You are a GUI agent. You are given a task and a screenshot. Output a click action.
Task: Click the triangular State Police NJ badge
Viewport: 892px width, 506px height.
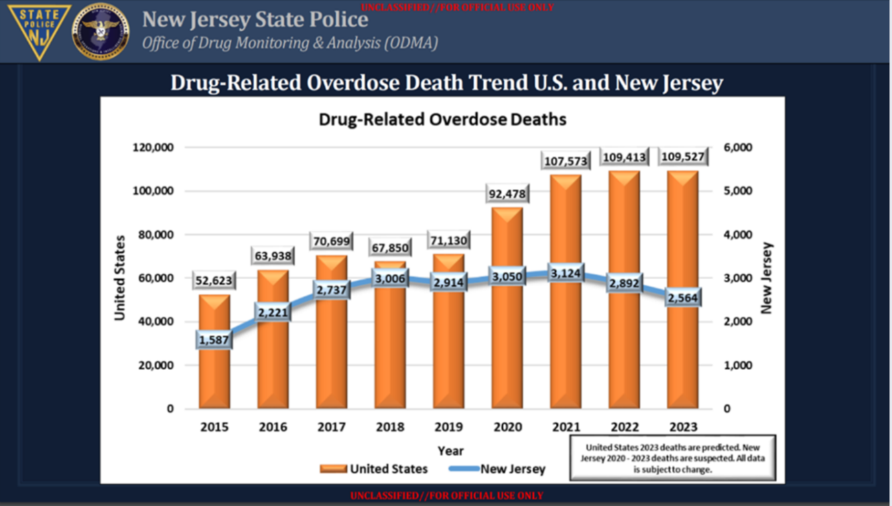[x=39, y=31]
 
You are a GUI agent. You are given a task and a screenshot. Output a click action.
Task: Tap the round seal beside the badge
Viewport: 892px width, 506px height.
[x=101, y=31]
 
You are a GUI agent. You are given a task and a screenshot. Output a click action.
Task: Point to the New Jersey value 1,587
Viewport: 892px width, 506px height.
[x=214, y=340]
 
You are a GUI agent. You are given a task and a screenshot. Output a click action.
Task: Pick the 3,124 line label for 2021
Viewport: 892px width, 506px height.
[x=565, y=273]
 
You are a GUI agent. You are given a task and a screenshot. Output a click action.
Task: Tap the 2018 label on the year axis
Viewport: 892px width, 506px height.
[x=390, y=427]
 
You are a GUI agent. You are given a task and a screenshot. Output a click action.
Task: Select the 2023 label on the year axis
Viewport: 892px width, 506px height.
[x=682, y=427]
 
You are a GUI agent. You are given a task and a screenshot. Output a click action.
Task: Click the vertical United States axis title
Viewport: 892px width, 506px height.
[x=120, y=278]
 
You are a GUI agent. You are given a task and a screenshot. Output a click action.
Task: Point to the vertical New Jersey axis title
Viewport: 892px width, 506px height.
[x=767, y=278]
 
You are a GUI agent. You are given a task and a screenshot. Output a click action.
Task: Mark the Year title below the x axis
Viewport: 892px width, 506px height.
[x=450, y=451]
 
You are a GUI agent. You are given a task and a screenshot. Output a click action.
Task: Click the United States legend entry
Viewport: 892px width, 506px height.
[x=374, y=469]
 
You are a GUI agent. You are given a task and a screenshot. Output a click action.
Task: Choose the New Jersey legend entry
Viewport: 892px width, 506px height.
[x=497, y=469]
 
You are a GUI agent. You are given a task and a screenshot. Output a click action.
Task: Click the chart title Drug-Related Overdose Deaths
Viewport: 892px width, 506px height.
[x=442, y=120]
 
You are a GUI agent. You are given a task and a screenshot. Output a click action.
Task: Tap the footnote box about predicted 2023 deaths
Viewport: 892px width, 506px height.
[x=672, y=458]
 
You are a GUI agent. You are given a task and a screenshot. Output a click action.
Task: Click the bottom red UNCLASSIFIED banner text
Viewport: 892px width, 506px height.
[x=446, y=495]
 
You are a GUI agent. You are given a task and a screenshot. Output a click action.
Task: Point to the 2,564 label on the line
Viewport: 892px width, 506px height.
[x=682, y=298]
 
